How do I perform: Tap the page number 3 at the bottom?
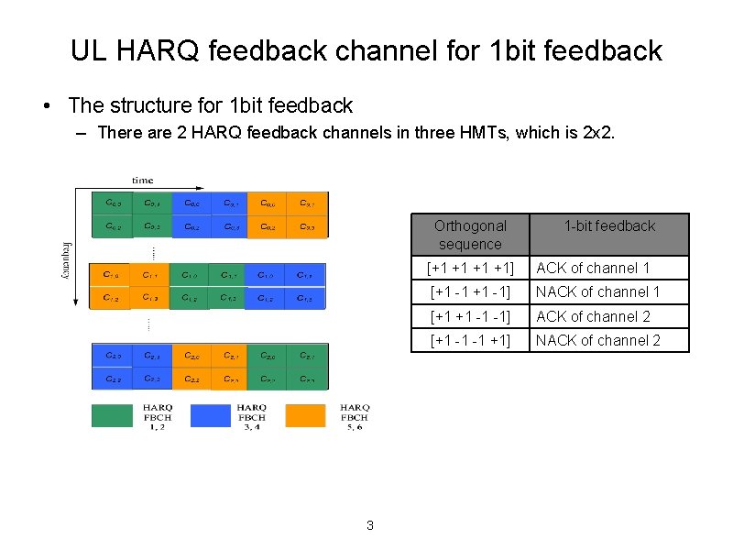point(369,525)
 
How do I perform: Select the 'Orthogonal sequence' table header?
point(470,235)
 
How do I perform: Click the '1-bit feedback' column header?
point(609,225)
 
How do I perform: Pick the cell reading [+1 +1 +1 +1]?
point(470,268)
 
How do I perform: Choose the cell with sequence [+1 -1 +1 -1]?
point(470,291)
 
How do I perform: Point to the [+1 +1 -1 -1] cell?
point(470,316)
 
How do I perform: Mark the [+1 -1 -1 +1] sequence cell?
point(470,340)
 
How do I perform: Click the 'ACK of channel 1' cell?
point(593,268)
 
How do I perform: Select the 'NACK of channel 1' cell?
point(597,291)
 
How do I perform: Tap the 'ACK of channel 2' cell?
point(593,316)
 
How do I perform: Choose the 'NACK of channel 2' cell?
point(597,340)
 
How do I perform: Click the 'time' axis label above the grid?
point(142,181)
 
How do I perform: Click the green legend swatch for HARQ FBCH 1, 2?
point(112,415)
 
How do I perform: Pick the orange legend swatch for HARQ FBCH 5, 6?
point(305,415)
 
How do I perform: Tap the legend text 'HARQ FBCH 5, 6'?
point(354,417)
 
